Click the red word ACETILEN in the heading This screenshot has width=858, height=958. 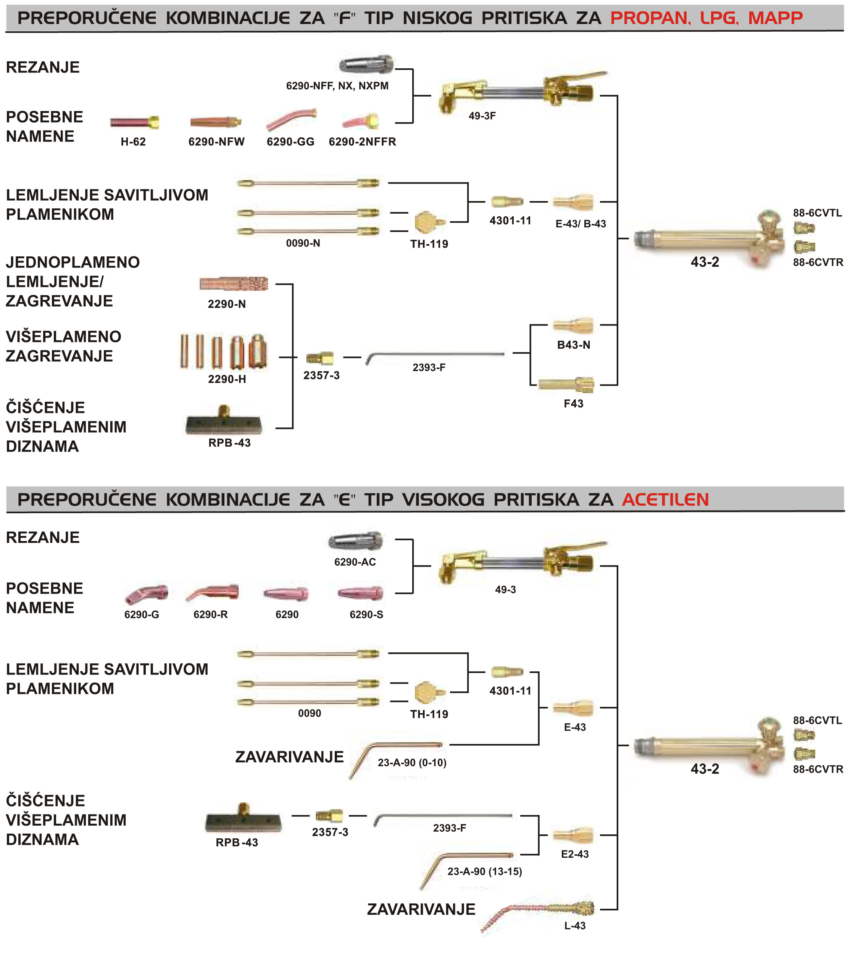pos(665,499)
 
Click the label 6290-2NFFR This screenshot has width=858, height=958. pos(362,142)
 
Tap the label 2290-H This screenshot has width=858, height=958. pos(227,379)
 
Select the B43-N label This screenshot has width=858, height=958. pos(573,345)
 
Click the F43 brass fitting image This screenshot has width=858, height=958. pos(566,384)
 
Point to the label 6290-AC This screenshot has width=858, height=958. pos(355,562)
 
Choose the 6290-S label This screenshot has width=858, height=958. pos(366,615)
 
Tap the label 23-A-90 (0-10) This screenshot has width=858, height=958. pos(412,763)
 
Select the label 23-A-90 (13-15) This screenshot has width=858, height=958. pos(485,872)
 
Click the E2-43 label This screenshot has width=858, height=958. pos(575,854)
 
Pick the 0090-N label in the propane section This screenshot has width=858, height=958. pos(303,243)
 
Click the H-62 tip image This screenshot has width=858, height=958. pos(134,122)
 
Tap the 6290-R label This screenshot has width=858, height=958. pos(210,615)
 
